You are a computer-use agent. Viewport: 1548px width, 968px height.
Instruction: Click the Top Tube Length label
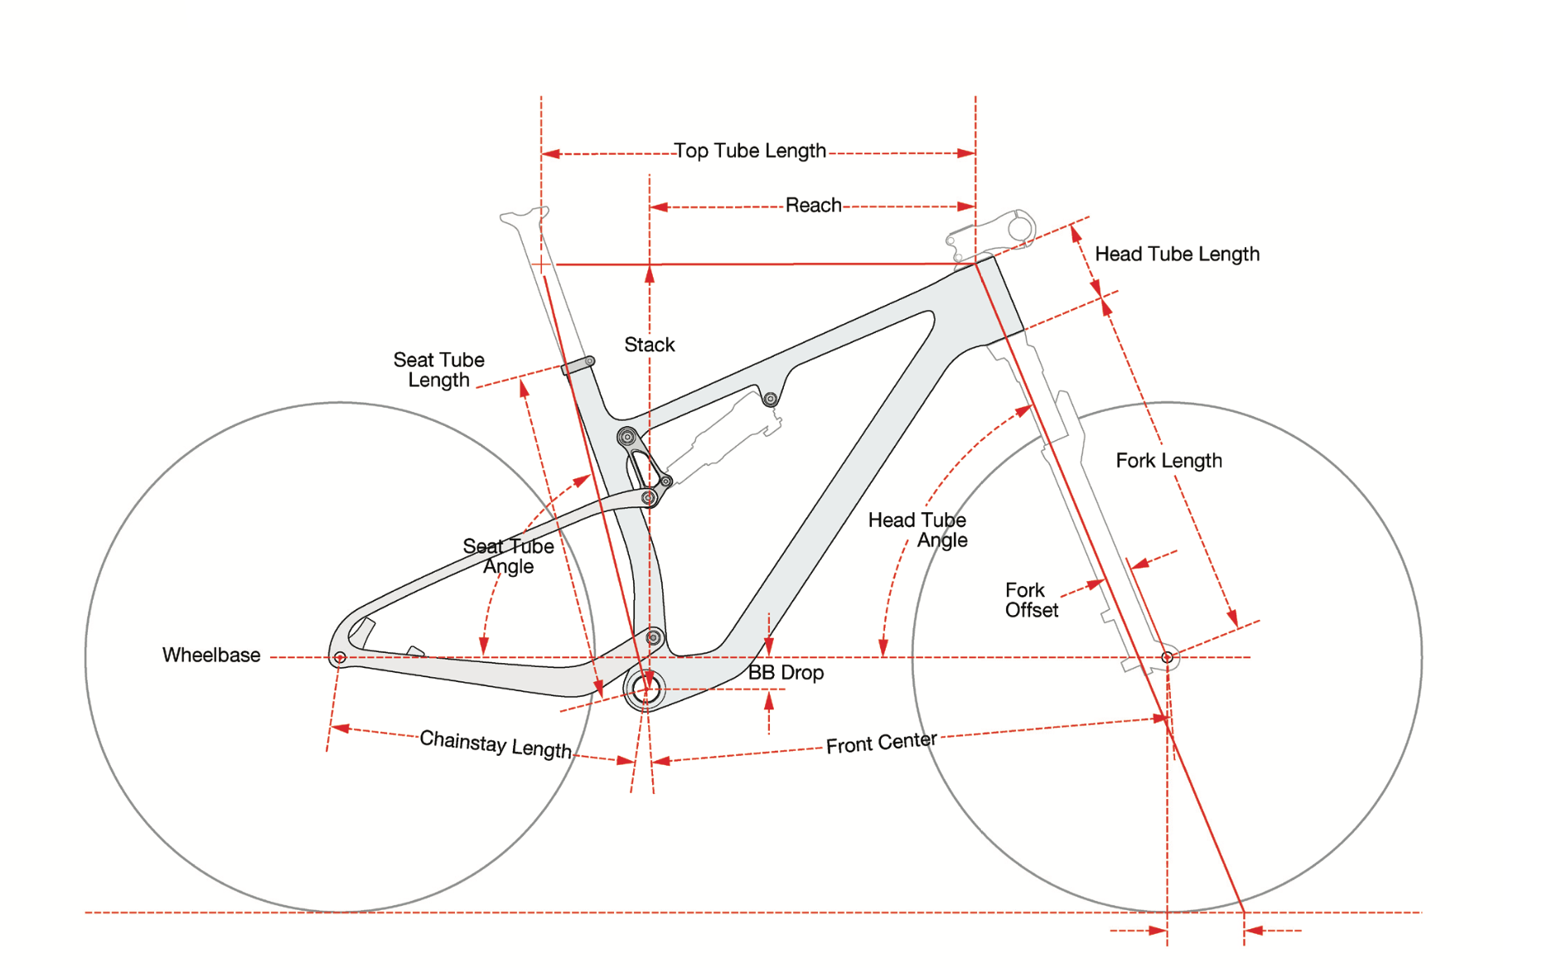coord(749,151)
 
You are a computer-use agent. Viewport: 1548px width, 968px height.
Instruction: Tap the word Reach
coord(813,206)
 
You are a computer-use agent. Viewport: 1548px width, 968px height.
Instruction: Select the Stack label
coord(649,345)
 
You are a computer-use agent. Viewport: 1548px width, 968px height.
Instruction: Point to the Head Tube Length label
coord(1177,254)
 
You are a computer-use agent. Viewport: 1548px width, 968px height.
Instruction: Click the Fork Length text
coord(1168,461)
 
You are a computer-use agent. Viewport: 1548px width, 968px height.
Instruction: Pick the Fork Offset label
coord(1031,600)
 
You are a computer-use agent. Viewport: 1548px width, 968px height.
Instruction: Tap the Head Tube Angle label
coord(918,530)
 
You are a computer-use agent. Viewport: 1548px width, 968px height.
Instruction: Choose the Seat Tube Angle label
coord(508,556)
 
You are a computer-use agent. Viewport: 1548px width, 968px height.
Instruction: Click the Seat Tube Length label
coord(438,370)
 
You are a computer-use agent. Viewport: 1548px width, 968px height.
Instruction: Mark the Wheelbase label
coord(211,656)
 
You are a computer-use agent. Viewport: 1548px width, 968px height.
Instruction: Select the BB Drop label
coord(786,673)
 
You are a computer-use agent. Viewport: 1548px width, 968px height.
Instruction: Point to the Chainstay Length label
coord(496,743)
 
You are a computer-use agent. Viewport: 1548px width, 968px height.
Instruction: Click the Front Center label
coord(881,743)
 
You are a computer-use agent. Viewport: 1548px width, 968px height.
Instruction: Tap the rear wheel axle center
coord(340,658)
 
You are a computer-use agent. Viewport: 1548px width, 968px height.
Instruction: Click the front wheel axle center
coord(1167,657)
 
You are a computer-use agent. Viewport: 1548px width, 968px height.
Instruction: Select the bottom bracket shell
coord(646,689)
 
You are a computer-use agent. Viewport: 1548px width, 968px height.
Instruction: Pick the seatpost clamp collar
coord(578,365)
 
